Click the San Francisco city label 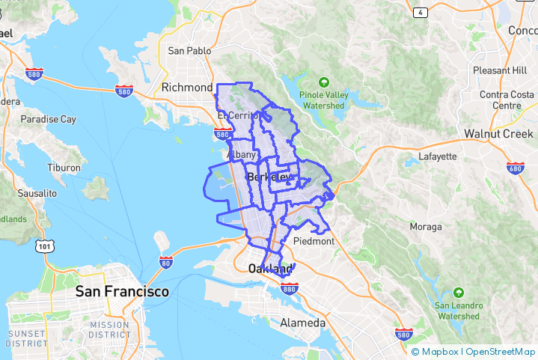(122, 291)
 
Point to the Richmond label (187, 88)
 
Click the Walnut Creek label (498, 134)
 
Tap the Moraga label (426, 226)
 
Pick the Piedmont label (314, 242)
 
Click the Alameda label (302, 323)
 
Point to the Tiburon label (64, 168)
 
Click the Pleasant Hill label (500, 70)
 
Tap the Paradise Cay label (48, 119)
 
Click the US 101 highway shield (44, 245)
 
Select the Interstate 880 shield (290, 287)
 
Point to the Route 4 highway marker (421, 12)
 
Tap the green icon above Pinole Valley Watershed (323, 82)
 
